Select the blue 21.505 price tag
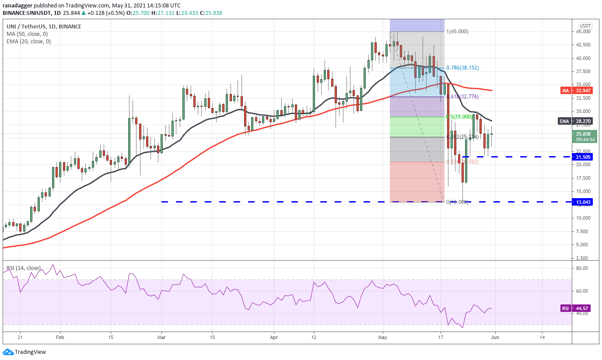(581, 157)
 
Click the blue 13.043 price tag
(581, 202)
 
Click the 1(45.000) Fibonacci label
(457, 31)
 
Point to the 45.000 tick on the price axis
(585, 31)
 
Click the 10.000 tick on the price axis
(585, 218)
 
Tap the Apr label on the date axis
(274, 337)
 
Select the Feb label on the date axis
(60, 337)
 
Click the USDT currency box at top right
(585, 25)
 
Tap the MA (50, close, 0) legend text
(27, 34)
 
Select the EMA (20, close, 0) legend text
(28, 42)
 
